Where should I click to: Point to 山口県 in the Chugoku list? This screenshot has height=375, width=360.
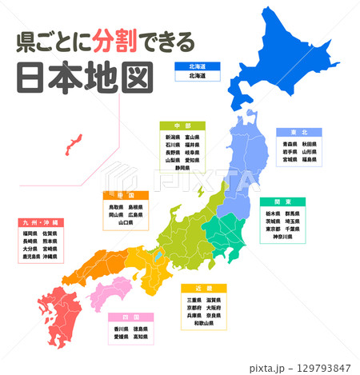pos(126,223)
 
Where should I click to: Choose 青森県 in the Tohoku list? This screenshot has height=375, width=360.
pos(290,143)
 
